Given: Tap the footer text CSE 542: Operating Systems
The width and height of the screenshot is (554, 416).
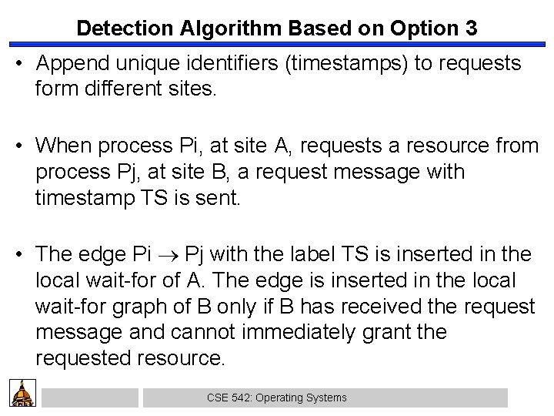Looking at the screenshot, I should (277, 398).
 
